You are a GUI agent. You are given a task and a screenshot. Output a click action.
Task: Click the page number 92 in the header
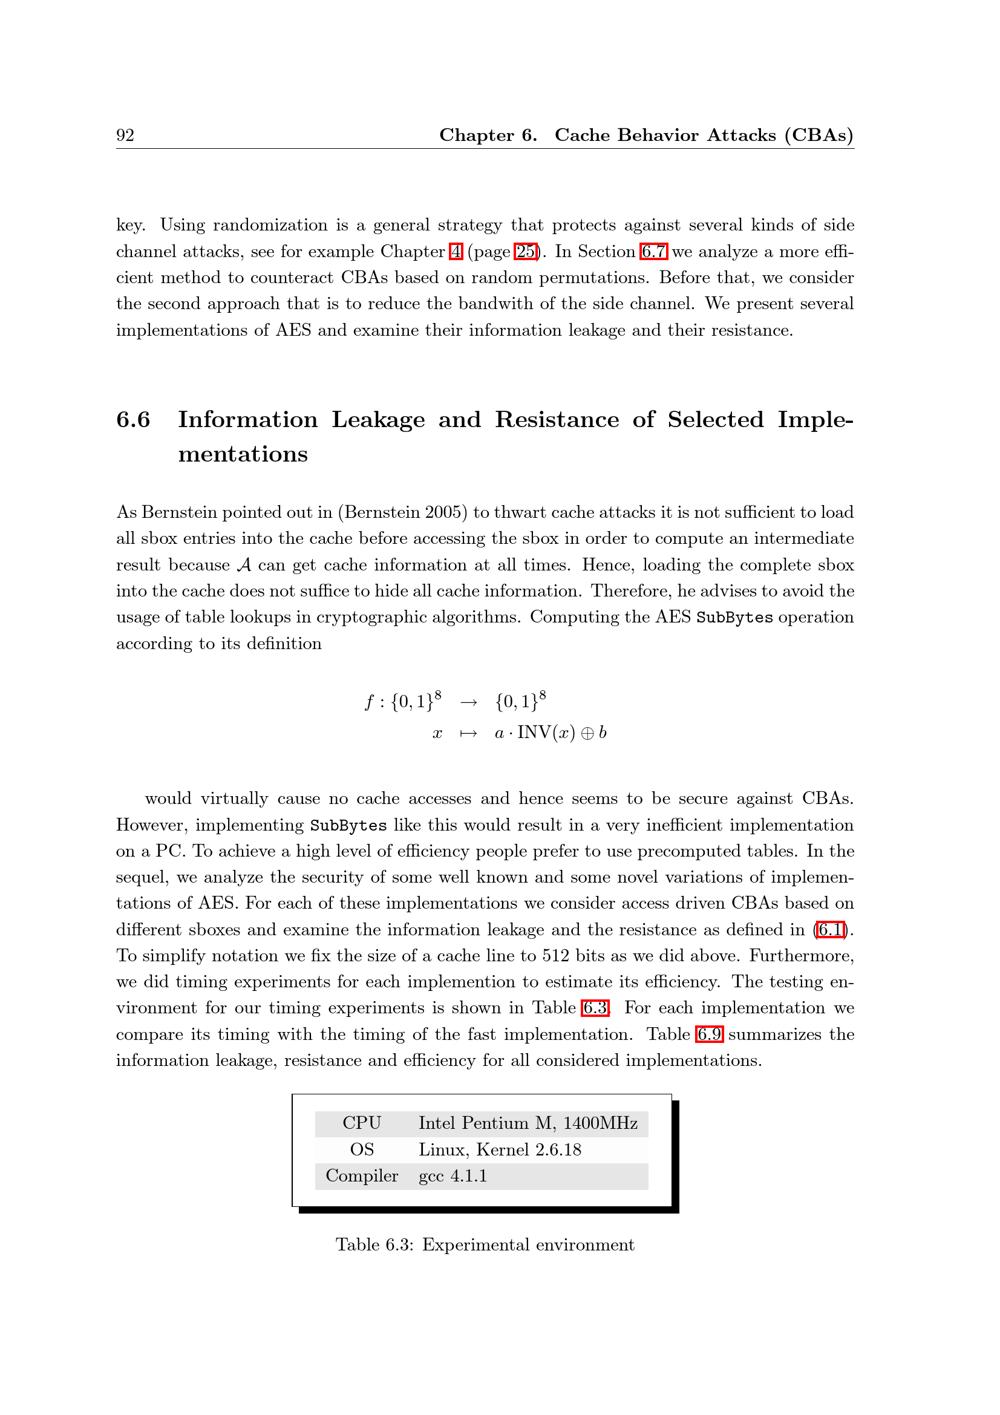coord(125,136)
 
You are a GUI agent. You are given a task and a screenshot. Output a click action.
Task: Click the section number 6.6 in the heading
coord(133,420)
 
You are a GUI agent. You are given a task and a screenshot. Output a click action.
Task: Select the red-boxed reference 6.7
coord(653,251)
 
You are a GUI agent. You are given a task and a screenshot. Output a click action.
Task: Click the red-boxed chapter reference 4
coord(455,251)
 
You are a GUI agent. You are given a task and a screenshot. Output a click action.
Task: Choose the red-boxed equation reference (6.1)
coord(829,930)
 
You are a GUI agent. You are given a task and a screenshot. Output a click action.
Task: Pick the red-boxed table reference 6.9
coord(710,1034)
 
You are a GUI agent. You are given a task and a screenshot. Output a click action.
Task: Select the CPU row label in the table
coord(361,1124)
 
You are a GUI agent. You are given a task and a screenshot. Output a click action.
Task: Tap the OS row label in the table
coord(361,1150)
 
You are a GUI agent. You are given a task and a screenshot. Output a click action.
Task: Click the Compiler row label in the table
coord(361,1176)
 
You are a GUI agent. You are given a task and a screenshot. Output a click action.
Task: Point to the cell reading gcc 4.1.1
coord(452,1176)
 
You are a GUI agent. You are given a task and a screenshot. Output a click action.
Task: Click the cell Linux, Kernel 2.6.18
coord(499,1150)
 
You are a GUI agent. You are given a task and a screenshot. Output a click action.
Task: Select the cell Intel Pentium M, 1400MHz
coord(527,1124)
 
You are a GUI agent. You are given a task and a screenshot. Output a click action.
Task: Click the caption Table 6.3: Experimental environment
coord(485,1245)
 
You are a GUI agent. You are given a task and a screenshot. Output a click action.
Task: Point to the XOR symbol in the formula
coord(588,733)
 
